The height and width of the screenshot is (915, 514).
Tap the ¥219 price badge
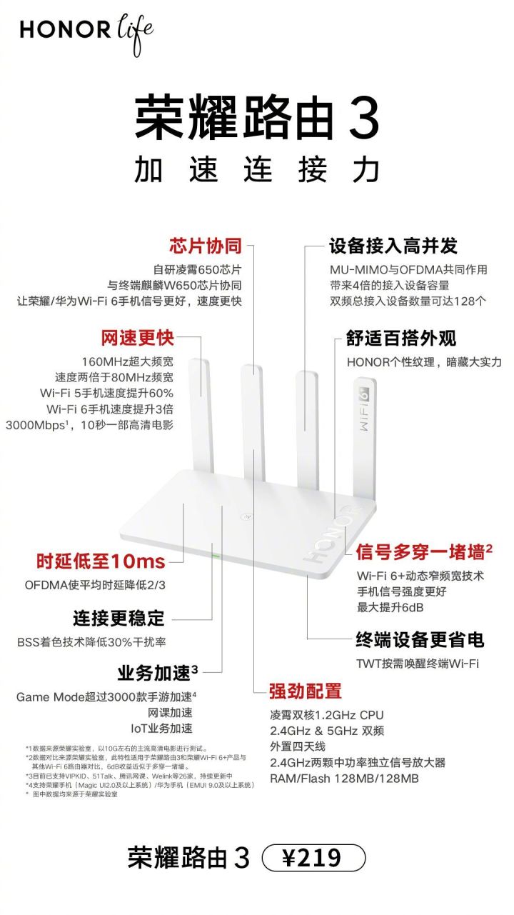(313, 857)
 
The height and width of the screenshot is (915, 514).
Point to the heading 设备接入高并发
(393, 246)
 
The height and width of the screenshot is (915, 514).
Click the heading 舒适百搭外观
(401, 338)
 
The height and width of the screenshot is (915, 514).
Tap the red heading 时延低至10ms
(101, 561)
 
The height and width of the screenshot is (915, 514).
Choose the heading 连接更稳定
(119, 616)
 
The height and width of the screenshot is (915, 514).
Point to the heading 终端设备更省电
(420, 639)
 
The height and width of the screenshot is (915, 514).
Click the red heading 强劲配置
(305, 691)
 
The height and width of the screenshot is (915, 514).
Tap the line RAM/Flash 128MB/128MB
(344, 778)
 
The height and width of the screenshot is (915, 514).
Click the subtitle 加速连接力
(257, 170)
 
